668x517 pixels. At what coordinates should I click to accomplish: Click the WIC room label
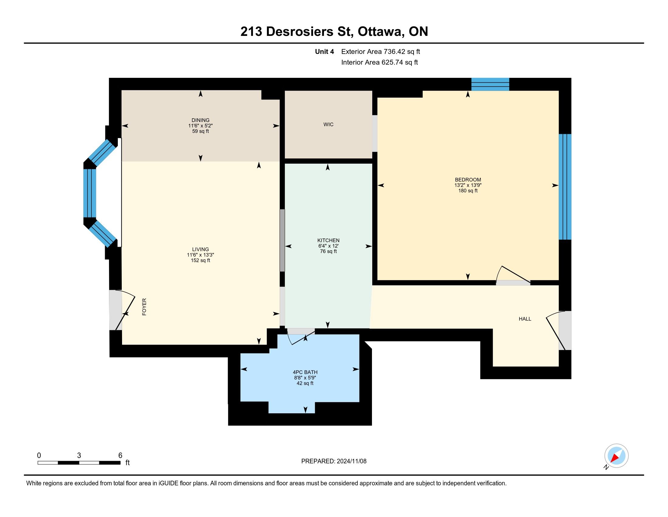tap(328, 124)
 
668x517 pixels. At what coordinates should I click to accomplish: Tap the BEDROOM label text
tap(468, 180)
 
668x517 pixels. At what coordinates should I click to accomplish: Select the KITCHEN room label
tap(328, 241)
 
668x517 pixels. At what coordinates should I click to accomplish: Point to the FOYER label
tap(144, 307)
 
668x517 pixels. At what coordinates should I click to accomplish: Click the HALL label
tap(525, 319)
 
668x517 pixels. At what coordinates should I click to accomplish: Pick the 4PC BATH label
tap(305, 373)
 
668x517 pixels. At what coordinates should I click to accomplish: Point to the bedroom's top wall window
tap(490, 84)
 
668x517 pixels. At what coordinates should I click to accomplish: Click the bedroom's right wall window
tap(565, 186)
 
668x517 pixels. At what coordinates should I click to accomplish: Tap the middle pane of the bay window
tap(90, 193)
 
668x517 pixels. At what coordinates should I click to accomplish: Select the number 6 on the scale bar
tap(120, 456)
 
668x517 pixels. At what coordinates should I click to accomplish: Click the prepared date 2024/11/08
tap(351, 461)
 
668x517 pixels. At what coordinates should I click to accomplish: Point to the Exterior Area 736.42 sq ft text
tap(380, 51)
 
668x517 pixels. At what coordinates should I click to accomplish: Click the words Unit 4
tap(325, 51)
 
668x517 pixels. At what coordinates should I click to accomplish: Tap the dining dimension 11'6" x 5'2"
tap(200, 126)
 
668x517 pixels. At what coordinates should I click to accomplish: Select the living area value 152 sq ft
tap(200, 260)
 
